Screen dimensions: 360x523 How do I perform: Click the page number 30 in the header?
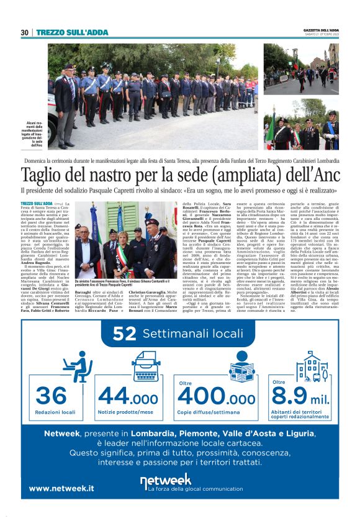click(x=25, y=32)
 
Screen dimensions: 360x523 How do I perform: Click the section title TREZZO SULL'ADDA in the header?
click(x=72, y=32)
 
